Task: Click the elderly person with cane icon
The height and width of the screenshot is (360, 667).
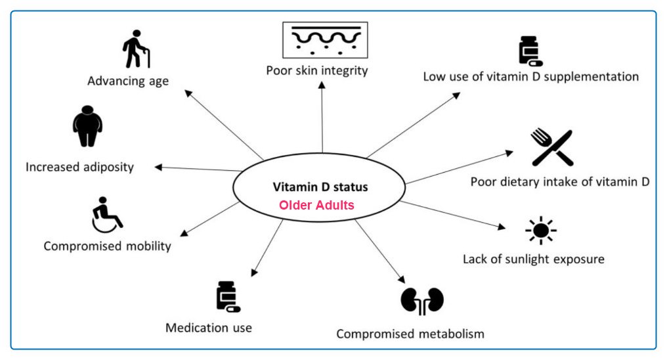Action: (x=137, y=49)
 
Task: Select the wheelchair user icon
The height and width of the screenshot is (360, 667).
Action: (x=106, y=214)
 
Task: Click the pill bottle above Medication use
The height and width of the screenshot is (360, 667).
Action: (x=227, y=296)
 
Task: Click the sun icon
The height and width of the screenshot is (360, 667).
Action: (x=540, y=230)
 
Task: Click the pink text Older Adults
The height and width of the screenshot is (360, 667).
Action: (x=316, y=205)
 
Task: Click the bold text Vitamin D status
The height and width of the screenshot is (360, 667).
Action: (x=320, y=187)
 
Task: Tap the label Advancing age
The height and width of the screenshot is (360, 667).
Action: (x=128, y=81)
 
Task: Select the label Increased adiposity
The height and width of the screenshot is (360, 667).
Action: (x=79, y=167)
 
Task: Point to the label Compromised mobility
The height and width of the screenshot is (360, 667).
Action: (x=107, y=246)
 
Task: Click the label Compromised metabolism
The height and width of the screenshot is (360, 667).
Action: (x=410, y=334)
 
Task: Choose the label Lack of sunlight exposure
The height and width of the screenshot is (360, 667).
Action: (x=533, y=259)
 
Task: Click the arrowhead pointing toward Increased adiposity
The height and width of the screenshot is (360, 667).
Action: (x=158, y=167)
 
